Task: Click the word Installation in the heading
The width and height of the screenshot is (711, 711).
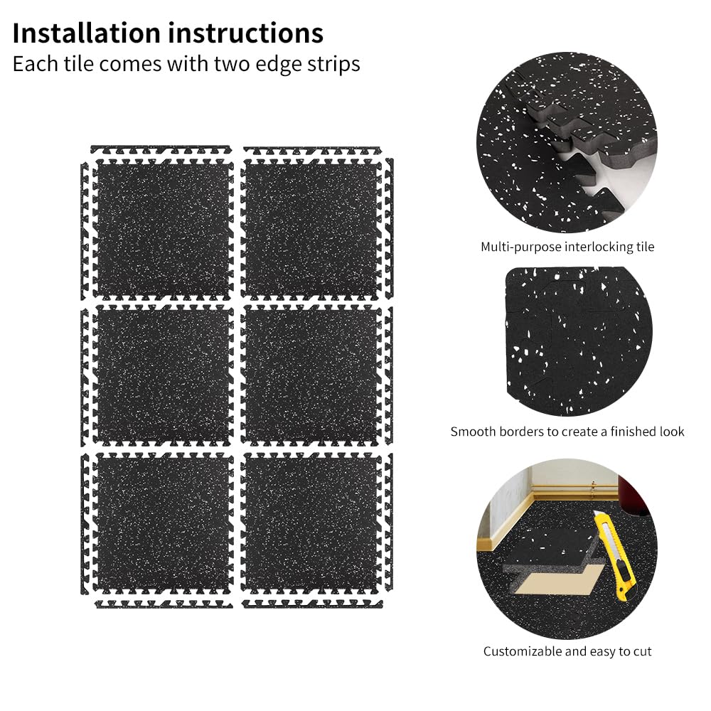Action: tap(87, 33)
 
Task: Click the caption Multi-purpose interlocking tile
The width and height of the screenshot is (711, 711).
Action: tap(567, 247)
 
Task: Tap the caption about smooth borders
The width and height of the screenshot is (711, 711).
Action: tap(567, 432)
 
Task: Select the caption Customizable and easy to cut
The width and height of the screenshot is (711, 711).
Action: tap(567, 651)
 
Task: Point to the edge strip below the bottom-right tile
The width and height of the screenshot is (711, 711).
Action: tap(312, 604)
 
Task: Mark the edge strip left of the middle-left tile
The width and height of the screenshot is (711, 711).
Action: tap(85, 376)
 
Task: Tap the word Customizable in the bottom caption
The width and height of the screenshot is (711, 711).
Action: tap(523, 651)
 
